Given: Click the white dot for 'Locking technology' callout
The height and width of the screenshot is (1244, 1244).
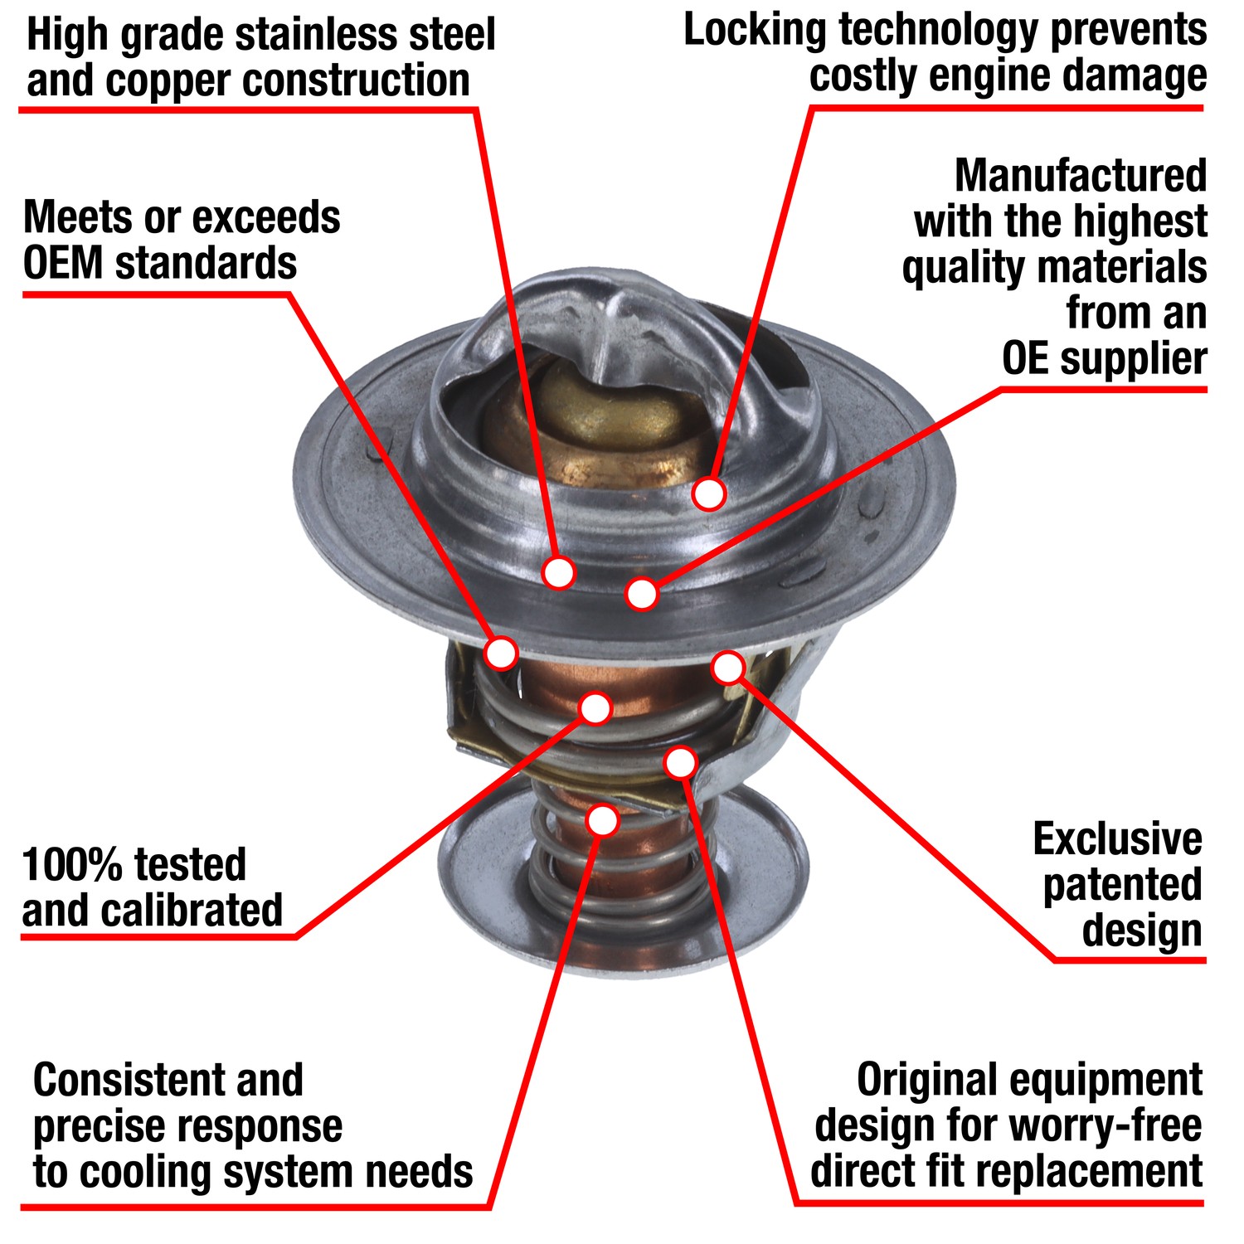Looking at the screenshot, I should click(x=709, y=493).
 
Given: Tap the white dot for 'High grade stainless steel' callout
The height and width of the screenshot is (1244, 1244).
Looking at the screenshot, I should click(x=558, y=572).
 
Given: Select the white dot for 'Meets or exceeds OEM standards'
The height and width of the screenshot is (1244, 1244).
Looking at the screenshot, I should click(x=501, y=653).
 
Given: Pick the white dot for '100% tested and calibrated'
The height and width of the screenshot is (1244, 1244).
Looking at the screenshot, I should click(x=595, y=708).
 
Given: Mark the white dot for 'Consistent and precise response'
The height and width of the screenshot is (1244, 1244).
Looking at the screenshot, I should click(x=603, y=819).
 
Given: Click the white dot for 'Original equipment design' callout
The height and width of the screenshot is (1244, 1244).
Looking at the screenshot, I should click(x=681, y=762).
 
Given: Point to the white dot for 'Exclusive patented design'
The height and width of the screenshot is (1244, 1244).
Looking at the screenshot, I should click(x=728, y=666).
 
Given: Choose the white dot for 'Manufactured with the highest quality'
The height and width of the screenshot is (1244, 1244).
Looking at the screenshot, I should click(x=642, y=594).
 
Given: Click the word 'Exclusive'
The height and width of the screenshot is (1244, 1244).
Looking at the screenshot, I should click(x=1117, y=840).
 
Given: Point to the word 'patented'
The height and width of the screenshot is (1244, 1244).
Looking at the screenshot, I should click(x=1122, y=886).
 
